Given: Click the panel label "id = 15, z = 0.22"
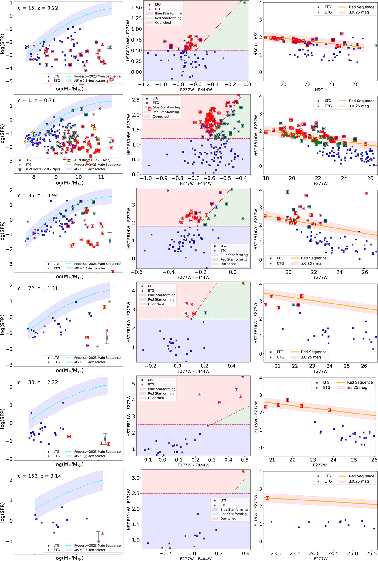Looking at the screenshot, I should [37, 8].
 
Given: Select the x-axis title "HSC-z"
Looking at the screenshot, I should [321, 90].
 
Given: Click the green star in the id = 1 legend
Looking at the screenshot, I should [20, 169].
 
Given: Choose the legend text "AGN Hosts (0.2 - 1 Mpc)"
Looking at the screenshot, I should [92, 160].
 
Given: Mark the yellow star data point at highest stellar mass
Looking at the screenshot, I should [94, 129].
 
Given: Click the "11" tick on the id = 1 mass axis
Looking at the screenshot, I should [101, 177].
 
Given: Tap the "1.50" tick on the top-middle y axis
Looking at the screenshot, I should [136, 8].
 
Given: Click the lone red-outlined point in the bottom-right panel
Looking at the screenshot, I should [267, 498].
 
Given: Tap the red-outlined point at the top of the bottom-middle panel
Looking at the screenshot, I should [244, 471].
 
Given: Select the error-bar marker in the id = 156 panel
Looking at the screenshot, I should [98, 541].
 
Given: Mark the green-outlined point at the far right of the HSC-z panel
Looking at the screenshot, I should [376, 46].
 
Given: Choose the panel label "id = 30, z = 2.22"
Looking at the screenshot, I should [37, 382].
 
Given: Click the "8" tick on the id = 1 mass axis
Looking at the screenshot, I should [34, 177].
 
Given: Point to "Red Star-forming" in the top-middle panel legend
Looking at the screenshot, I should [168, 18].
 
